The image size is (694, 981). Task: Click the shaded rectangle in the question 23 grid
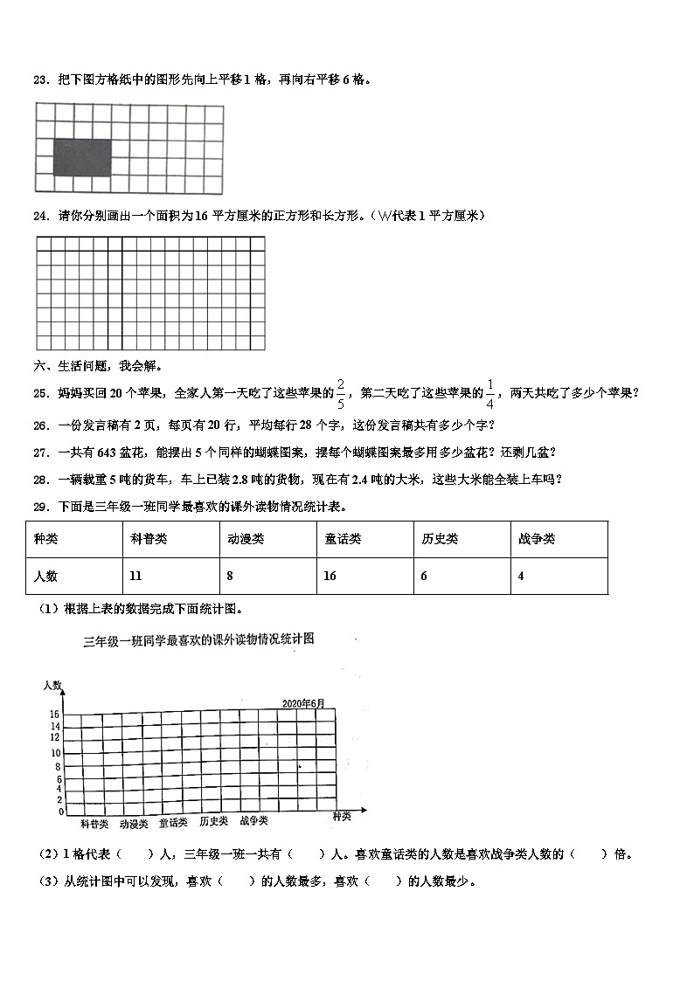point(82,157)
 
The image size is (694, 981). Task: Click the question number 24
point(40,216)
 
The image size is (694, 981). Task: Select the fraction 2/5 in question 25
point(341,393)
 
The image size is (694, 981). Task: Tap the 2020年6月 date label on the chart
point(302,703)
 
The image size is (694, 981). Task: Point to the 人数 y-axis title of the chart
point(52,687)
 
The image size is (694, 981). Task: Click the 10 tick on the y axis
point(56,753)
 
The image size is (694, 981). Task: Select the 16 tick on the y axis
point(56,715)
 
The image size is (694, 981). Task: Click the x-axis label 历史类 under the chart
point(213,821)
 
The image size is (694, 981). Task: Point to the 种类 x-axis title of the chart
point(342,816)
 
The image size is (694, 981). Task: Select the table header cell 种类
point(45,539)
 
